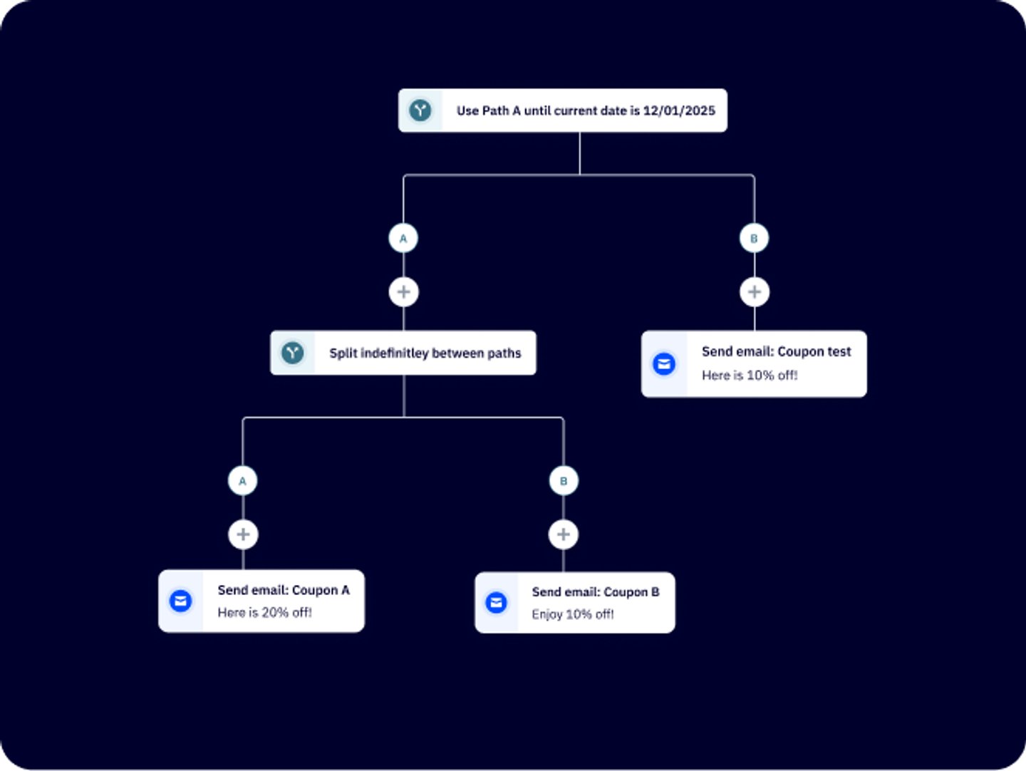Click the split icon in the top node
tap(420, 110)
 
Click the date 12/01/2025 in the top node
tap(679, 110)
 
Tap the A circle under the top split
tap(403, 238)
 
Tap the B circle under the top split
tap(754, 238)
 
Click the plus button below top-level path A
tap(403, 291)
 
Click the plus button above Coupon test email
tap(754, 291)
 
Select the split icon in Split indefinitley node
tap(292, 353)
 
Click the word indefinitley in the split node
tap(394, 353)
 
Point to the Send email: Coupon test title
tap(776, 351)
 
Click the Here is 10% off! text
tap(750, 376)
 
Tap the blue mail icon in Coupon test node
tap(664, 364)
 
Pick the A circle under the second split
tap(242, 481)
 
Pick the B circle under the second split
tap(564, 481)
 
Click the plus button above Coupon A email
tap(243, 534)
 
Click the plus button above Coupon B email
tap(564, 534)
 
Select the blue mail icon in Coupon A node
tap(181, 601)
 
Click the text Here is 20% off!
tap(264, 613)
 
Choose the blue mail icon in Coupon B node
tap(496, 603)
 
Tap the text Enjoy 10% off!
tap(572, 614)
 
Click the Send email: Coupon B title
tap(596, 592)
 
